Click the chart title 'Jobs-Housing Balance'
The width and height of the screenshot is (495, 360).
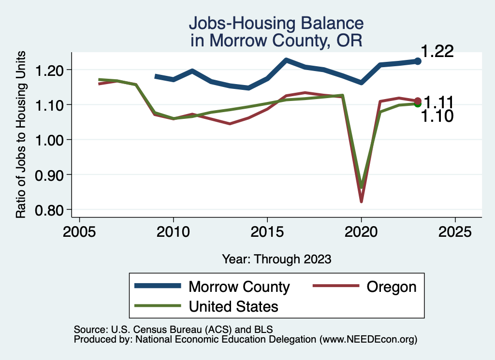click(276, 23)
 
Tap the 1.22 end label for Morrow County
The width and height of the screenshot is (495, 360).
click(437, 51)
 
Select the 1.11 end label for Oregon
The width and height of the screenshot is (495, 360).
click(438, 102)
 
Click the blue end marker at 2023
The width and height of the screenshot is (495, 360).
click(418, 61)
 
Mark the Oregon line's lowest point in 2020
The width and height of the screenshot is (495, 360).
click(361, 201)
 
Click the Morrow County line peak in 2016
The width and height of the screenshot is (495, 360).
click(286, 60)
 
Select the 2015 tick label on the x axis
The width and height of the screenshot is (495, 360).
click(267, 231)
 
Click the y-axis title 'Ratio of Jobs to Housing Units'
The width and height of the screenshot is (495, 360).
click(21, 140)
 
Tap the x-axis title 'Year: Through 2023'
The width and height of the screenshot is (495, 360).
click(277, 259)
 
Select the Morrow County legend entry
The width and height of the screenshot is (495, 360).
click(239, 287)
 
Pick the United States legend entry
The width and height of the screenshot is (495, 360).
click(233, 306)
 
